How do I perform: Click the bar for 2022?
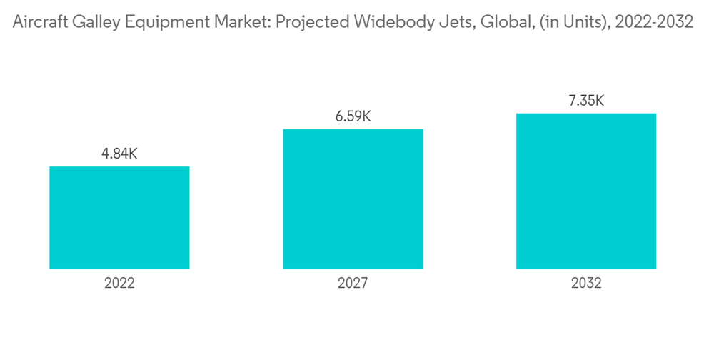(119, 217)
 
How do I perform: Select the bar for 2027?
(353, 199)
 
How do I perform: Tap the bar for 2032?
(586, 191)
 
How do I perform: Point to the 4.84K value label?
(119, 153)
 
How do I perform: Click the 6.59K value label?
(353, 116)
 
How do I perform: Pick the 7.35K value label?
(586, 100)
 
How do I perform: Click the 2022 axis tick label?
(119, 284)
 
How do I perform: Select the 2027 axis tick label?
(353, 284)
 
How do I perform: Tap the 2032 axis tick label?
(586, 284)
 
